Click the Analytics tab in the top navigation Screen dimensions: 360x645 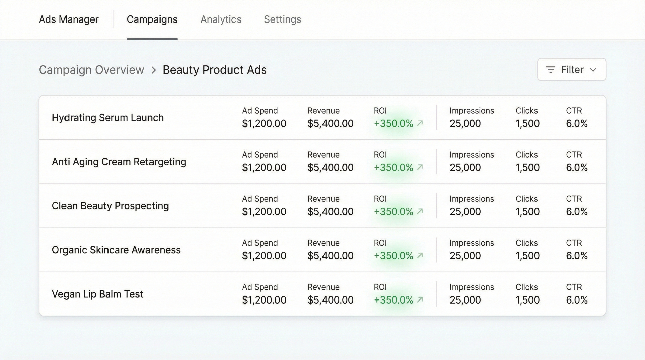[x=221, y=19]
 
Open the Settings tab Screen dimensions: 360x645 [x=282, y=19]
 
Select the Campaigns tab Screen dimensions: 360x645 [x=152, y=19]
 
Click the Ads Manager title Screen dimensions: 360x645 [x=69, y=19]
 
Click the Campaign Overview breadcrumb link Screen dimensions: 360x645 [x=91, y=70]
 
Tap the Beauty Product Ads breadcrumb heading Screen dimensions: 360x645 [x=214, y=70]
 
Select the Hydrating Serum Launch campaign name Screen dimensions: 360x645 [x=107, y=118]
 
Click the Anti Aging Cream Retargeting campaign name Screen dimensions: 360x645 [x=119, y=162]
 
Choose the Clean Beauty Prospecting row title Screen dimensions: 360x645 [x=110, y=206]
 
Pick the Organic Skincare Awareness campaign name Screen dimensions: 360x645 [x=116, y=250]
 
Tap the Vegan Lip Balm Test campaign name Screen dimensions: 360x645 [x=97, y=294]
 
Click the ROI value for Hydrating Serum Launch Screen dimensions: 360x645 [x=393, y=124]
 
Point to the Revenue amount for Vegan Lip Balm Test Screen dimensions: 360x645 [x=330, y=300]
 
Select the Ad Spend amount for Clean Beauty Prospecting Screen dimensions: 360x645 [x=264, y=212]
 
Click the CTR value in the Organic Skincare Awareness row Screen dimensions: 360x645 [x=576, y=256]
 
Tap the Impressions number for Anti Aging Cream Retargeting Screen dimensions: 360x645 [x=465, y=168]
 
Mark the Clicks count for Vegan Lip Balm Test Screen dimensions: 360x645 [x=527, y=300]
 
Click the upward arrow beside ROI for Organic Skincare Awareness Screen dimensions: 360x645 [x=420, y=255]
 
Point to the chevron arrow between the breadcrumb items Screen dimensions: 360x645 [x=154, y=70]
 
